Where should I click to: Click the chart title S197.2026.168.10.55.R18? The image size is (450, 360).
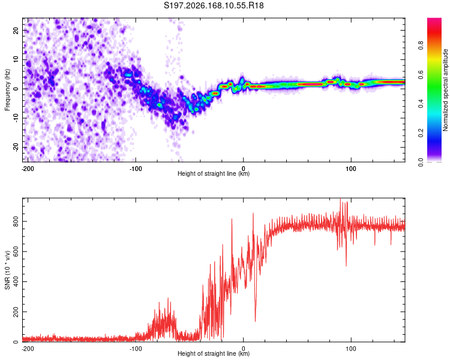[214, 5]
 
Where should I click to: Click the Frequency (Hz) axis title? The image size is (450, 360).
[7, 90]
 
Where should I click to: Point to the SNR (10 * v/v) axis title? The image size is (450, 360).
[7, 270]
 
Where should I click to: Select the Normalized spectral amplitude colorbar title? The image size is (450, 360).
[445, 90]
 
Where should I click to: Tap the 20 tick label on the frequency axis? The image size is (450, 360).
[16, 30]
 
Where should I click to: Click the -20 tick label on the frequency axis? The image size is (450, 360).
[16, 148]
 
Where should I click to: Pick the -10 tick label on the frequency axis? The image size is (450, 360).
[16, 118]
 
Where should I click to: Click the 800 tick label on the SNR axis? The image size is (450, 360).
[16, 221]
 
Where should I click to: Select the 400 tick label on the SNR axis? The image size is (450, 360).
[16, 281]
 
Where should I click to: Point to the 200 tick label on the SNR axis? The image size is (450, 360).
[16, 312]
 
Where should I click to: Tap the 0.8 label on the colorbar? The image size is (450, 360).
[421, 45]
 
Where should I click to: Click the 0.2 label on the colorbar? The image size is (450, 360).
[421, 133]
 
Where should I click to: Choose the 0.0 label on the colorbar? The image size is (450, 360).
[421, 162]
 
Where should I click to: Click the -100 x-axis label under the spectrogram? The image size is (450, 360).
[136, 169]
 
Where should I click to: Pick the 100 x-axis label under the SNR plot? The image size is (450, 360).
[351, 349]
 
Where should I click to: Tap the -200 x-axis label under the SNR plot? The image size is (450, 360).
[28, 349]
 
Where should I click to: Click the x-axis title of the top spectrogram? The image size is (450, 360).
[214, 173]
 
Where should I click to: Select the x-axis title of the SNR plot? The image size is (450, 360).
[214, 353]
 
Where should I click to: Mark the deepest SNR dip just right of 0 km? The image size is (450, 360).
[255, 321]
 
